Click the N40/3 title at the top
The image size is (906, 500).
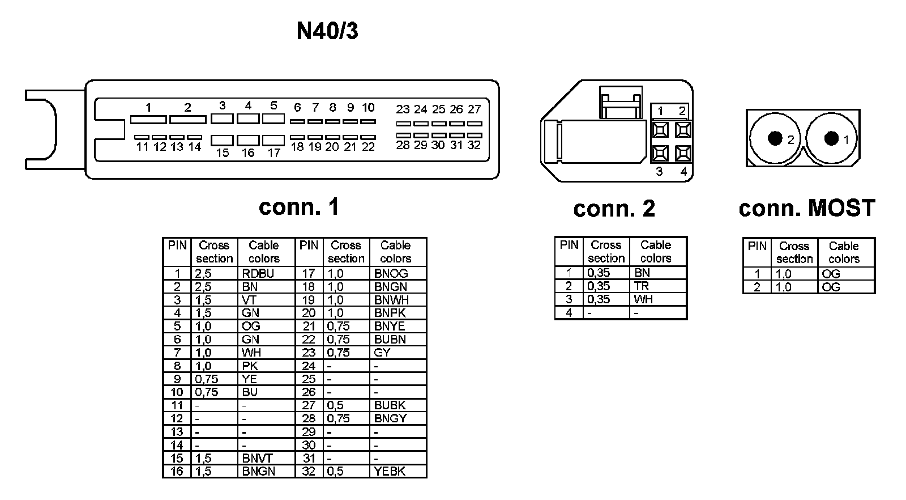pos(327,31)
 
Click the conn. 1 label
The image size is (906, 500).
pos(299,207)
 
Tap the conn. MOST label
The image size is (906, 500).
pos(807,208)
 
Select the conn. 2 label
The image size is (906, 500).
pos(614,209)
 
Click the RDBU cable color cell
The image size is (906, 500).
pos(258,273)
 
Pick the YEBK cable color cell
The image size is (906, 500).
pos(390,471)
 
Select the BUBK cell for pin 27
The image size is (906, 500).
pos(390,405)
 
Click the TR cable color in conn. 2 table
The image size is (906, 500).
pos(642,286)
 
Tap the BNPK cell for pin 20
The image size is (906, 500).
pos(390,313)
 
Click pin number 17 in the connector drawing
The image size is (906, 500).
pos(274,153)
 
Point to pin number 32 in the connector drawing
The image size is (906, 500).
pos(474,145)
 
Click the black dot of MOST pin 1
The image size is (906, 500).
pos(831,138)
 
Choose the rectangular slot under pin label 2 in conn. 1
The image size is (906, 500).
pos(188,120)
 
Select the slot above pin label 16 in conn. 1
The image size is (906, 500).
pos(248,139)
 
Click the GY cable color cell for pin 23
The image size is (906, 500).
pos(382,353)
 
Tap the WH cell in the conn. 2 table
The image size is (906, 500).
pos(643,299)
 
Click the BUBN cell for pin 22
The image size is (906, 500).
pos(390,340)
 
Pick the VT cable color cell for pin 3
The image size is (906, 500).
pos(249,300)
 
